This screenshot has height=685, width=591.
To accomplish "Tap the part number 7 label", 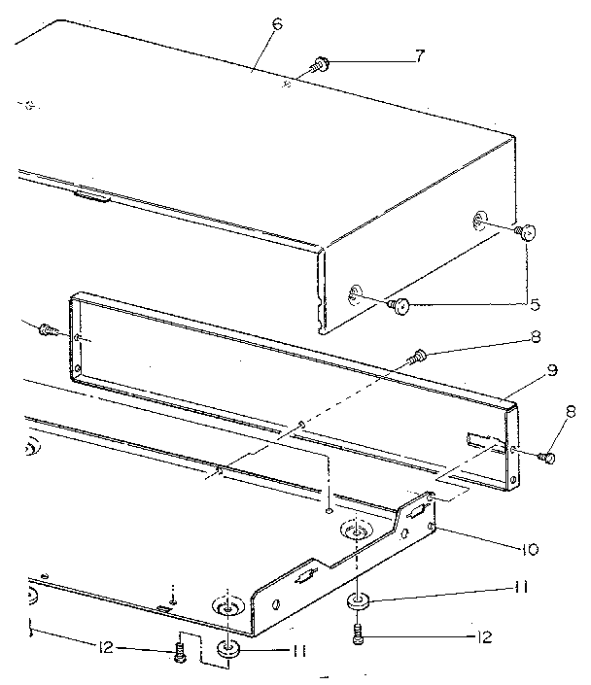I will pos(419,55).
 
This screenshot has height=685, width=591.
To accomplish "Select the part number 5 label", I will pos(533,304).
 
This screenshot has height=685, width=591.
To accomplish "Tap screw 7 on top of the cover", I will pos(320,66).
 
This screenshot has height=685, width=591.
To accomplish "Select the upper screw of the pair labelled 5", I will pos(526,231).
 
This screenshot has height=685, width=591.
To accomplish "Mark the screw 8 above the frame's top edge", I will pos(419,356).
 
